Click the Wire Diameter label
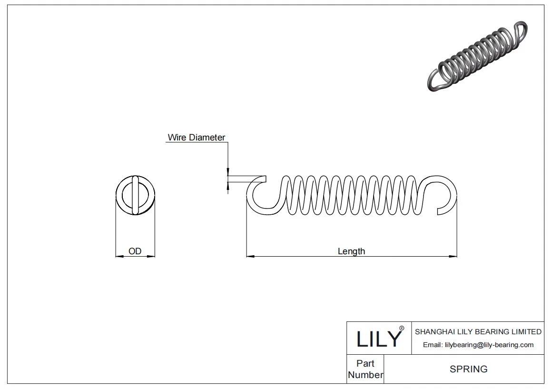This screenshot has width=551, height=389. tap(196, 138)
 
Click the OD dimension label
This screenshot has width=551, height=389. tap(135, 251)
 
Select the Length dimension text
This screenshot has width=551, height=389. tap(351, 251)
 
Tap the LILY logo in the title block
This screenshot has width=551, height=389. tap(379, 338)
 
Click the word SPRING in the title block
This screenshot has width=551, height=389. tap(468, 369)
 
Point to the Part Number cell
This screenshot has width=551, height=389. tap(365, 369)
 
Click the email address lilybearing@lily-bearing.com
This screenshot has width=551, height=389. tap(478, 345)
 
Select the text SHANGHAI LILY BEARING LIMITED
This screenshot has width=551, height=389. tap(478, 331)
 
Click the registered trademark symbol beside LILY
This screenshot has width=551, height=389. tap(402, 329)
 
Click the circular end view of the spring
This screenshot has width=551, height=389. tap(135, 195)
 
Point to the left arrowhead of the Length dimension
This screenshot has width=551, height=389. tap(250, 257)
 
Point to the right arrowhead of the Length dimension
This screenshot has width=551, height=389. tap(453, 257)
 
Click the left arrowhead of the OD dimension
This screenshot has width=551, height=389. tap(119, 257)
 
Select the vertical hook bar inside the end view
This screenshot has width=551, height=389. tap(136, 195)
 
